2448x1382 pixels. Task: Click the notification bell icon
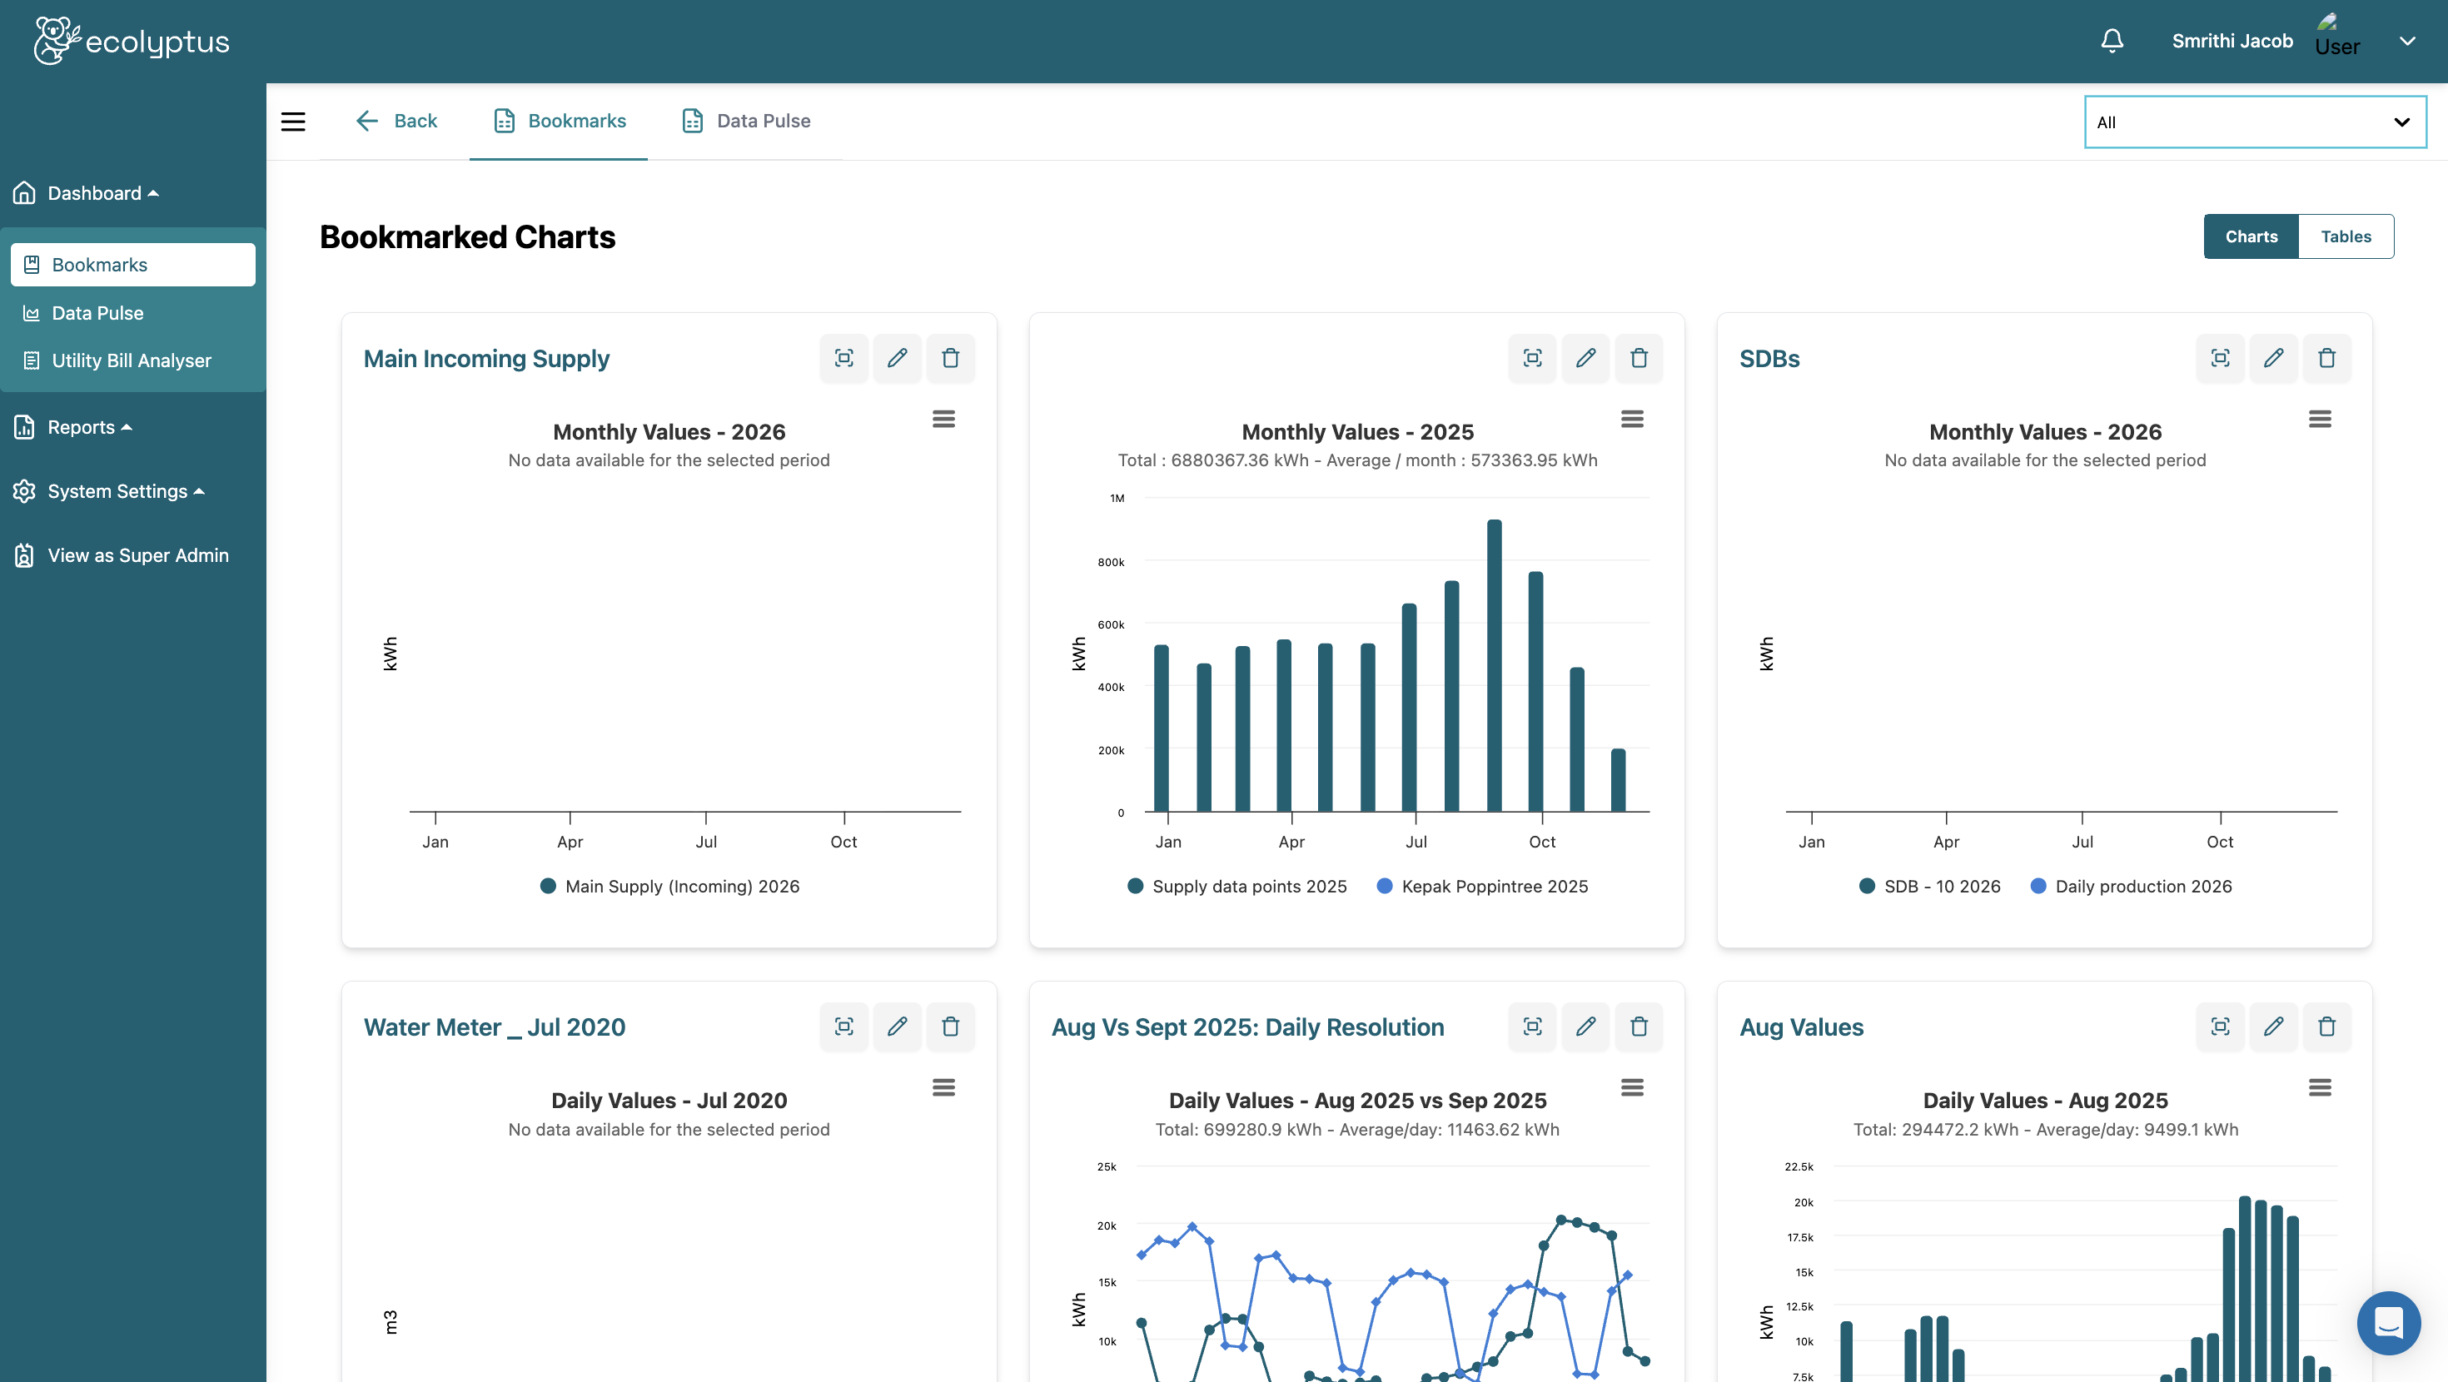2112,41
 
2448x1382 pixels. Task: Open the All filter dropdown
2254,122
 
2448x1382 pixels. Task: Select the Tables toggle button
2346,236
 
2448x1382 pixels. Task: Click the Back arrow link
396,121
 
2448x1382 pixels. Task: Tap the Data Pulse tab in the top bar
746,121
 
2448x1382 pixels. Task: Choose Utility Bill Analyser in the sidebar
132,360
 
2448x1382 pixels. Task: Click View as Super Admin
137,555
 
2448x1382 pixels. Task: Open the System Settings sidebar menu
118,491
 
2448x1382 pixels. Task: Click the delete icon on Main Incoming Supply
950,358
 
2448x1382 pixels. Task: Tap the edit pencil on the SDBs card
2273,358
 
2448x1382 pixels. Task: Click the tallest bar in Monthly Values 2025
1494,665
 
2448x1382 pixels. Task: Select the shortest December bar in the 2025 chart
1619,780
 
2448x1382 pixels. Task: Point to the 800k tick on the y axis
1111,562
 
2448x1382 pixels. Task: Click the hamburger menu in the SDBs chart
2320,419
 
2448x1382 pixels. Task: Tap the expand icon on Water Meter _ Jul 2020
843,1027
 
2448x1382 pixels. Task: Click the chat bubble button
2388,1322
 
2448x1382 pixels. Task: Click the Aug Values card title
1801,1027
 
